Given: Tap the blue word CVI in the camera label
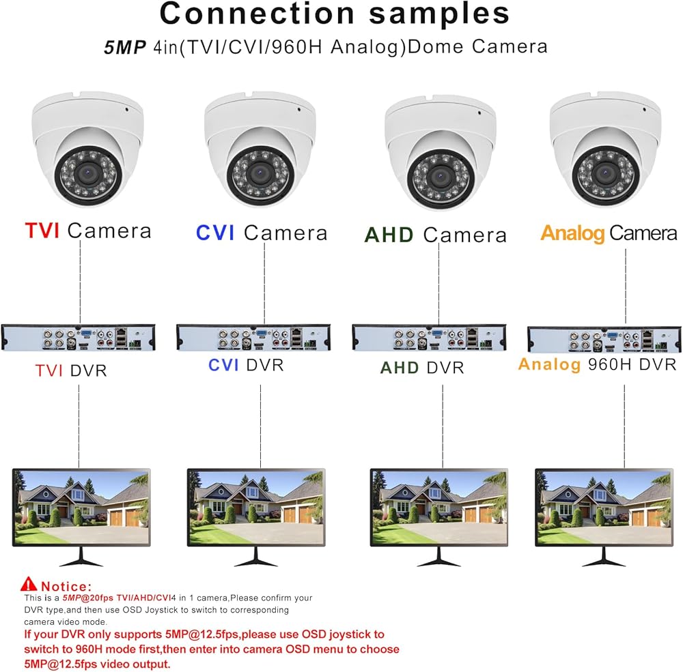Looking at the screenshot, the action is (215, 233).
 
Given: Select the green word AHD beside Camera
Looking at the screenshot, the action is (389, 235).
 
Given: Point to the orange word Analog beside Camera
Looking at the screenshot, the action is (572, 233).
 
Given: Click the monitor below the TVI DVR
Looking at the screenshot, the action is (81, 508).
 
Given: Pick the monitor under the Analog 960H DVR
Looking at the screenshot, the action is (604, 508).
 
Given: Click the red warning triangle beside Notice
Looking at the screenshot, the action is (29, 584).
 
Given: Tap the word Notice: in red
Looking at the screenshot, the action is (66, 586).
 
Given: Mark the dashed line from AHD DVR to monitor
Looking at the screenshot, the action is (443, 423).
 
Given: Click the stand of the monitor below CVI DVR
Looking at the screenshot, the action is (256, 559).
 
